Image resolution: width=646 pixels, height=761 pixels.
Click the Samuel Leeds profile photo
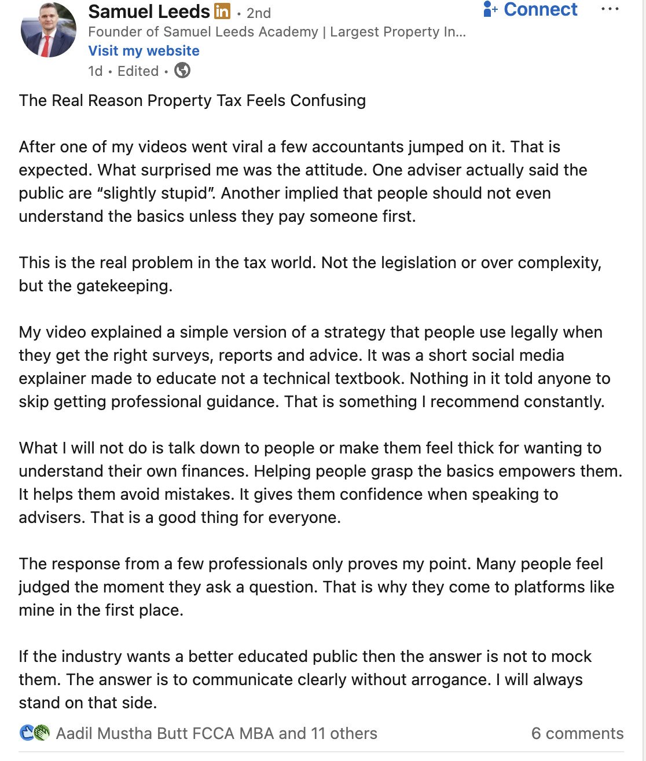[49, 30]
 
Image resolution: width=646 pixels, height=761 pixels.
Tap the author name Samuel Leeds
[149, 11]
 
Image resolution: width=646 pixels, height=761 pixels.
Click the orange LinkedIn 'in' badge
[222, 11]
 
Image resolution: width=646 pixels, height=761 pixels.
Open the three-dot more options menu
[610, 10]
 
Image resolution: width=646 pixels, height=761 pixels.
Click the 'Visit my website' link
[144, 51]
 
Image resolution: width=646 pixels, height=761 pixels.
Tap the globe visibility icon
[182, 71]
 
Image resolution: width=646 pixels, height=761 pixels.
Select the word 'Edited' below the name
[138, 71]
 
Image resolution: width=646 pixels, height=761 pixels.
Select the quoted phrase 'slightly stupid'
[156, 193]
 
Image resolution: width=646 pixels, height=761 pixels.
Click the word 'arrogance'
[447, 680]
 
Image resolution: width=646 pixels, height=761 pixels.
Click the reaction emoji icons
[35, 733]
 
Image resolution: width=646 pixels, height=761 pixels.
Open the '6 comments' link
[577, 734]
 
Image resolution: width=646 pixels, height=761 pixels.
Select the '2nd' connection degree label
[259, 13]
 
